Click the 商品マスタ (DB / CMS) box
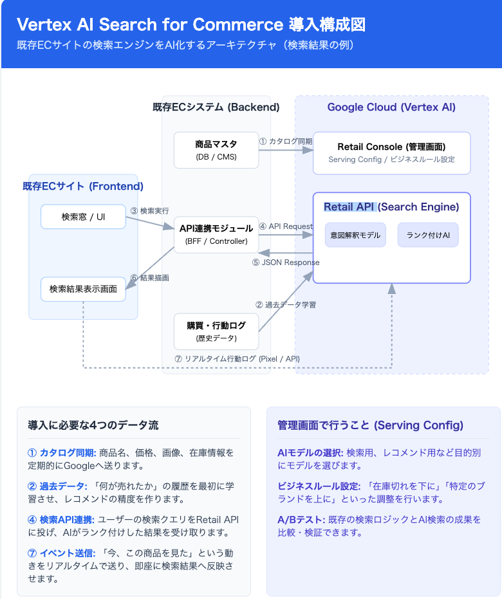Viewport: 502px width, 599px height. tap(216, 150)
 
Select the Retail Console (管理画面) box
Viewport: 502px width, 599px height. tap(391, 152)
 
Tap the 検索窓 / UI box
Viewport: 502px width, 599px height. tap(83, 217)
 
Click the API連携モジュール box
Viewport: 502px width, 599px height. tap(216, 234)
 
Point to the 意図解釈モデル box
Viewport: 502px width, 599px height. tap(355, 235)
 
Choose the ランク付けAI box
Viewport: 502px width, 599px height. tap(428, 235)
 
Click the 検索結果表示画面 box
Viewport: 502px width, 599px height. tap(83, 290)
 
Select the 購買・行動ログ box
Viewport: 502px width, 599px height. tap(216, 331)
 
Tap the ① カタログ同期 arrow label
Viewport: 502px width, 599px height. tap(285, 141)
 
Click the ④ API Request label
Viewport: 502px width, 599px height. tap(286, 226)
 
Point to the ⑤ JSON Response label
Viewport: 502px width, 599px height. tap(286, 263)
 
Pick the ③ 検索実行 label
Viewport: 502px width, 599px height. tap(149, 210)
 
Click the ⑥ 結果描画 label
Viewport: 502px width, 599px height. tap(149, 278)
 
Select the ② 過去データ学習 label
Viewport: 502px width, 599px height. tap(286, 304)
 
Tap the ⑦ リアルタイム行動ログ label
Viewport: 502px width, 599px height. tap(237, 358)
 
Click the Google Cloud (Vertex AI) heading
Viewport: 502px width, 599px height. tap(391, 107)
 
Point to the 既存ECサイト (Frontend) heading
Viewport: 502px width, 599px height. tap(83, 187)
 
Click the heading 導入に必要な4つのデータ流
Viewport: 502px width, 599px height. tap(93, 425)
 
